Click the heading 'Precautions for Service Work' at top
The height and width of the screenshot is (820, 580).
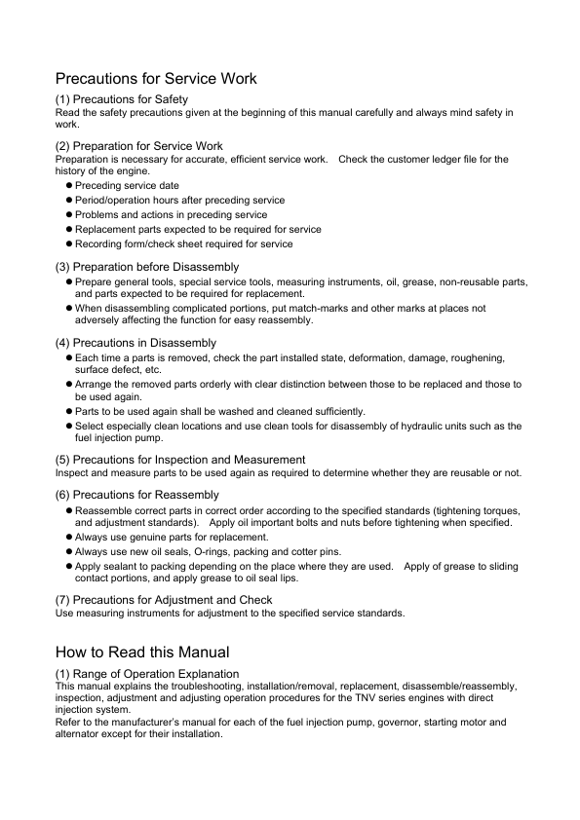click(x=156, y=78)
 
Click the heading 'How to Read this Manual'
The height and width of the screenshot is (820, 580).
click(x=142, y=652)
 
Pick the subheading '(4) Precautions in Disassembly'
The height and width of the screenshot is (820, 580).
click(x=136, y=343)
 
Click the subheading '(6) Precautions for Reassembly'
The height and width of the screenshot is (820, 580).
click(x=136, y=495)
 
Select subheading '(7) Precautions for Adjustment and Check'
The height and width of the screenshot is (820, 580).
click(x=164, y=600)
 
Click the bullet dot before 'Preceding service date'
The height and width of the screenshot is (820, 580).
click(x=69, y=185)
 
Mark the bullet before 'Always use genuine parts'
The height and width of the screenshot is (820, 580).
click(x=69, y=537)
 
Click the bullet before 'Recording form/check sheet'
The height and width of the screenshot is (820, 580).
click(x=69, y=243)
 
